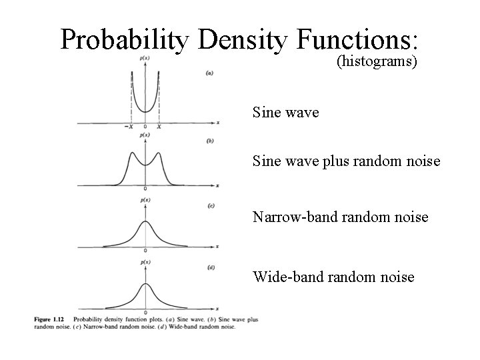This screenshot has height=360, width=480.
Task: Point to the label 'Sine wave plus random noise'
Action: point(346,161)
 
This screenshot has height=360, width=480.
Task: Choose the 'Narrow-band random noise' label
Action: point(340,217)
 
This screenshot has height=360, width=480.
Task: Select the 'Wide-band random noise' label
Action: point(333,277)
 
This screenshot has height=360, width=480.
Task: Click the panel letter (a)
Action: point(211,73)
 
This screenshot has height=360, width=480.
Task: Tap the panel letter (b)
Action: point(211,141)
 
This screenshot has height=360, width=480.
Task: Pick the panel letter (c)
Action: point(211,206)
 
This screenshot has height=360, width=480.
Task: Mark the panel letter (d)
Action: point(211,267)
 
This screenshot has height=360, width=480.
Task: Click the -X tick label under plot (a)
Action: point(130,127)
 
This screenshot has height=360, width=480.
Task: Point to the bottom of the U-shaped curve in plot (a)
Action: point(145,111)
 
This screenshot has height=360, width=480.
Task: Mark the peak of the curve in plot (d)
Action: point(145,283)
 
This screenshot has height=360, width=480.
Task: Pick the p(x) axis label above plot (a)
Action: point(145,59)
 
